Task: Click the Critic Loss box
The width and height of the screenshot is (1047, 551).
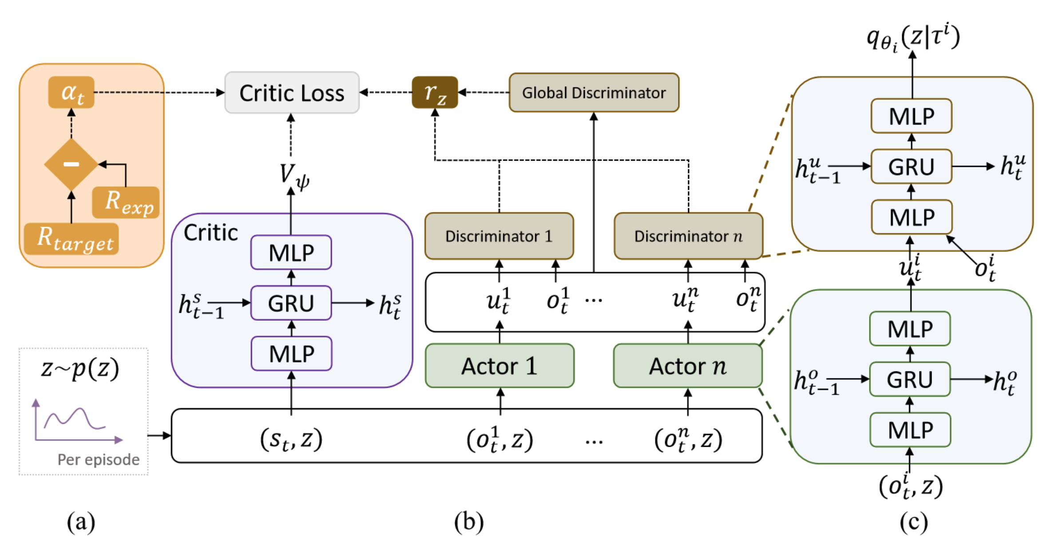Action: click(x=292, y=93)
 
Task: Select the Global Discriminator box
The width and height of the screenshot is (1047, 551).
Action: click(x=594, y=93)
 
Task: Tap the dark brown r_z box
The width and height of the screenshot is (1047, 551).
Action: click(x=435, y=93)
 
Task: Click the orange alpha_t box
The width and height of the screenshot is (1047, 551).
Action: click(x=71, y=92)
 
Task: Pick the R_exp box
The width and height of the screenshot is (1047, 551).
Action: click(x=126, y=202)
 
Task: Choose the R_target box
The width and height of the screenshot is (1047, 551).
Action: click(x=71, y=239)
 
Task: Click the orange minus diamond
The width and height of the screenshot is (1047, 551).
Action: click(x=71, y=164)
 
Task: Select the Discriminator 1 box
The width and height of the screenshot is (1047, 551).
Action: click(x=499, y=236)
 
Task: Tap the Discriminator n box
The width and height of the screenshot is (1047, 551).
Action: click(x=688, y=236)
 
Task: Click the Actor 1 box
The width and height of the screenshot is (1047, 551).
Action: click(x=500, y=366)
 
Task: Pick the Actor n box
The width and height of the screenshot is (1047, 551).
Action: click(x=688, y=366)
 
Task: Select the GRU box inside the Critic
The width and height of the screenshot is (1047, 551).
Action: click(x=291, y=303)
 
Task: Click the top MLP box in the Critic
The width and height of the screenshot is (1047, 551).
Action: click(x=291, y=252)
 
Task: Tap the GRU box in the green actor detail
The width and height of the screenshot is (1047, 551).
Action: click(x=910, y=379)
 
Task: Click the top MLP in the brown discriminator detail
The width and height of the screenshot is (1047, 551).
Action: click(x=911, y=116)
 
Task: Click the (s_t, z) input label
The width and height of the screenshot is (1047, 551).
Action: click(x=291, y=439)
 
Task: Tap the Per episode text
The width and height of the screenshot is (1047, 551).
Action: click(x=99, y=460)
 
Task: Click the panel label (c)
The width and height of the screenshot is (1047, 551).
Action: click(x=913, y=522)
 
